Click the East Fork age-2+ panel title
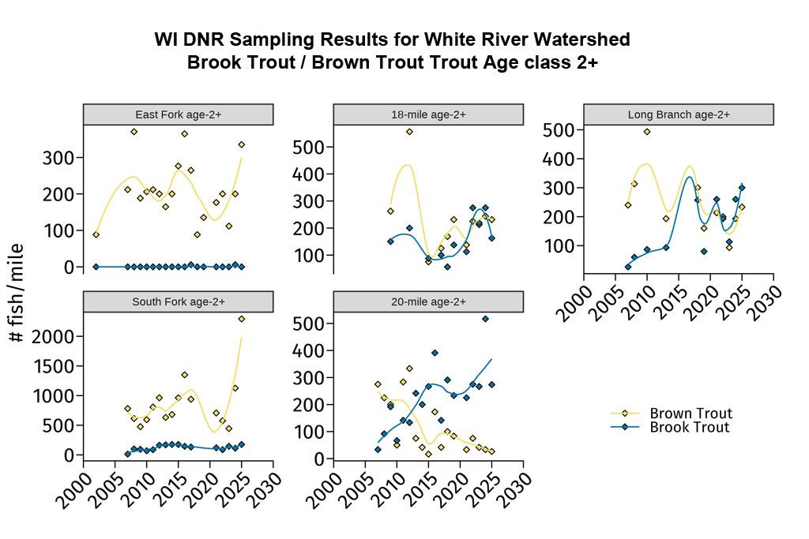pos(178,114)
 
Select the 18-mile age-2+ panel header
pos(428,114)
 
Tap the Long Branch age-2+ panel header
pos(678,114)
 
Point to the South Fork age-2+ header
pos(178,301)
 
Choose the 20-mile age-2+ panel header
pos(428,301)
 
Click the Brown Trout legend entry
pos(690,414)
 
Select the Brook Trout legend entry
pos(689,428)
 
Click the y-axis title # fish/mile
pos(17,292)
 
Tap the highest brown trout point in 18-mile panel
pos(409,132)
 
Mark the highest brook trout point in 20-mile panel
pos(485,319)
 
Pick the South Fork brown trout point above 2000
pos(241,319)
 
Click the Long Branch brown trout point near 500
pos(647,132)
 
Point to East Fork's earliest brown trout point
pos(96,234)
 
